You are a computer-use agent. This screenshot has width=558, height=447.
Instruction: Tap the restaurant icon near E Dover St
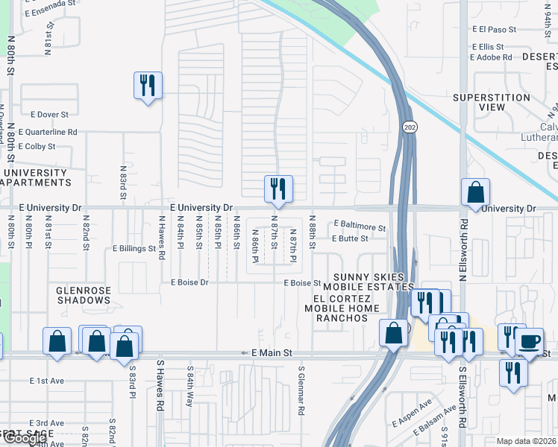point(147,86)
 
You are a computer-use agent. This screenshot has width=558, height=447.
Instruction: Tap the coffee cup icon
point(530,341)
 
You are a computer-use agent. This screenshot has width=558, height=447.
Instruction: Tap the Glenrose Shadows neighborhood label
point(83,295)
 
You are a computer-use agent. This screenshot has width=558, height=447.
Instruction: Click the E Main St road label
point(267,352)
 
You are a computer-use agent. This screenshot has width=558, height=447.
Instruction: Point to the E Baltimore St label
point(360,223)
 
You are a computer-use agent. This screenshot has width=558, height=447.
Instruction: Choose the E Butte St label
point(351,238)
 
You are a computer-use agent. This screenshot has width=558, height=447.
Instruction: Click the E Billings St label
point(134,248)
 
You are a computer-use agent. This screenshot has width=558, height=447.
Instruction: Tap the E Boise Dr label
point(189,283)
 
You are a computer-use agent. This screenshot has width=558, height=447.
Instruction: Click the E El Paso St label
point(495,30)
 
